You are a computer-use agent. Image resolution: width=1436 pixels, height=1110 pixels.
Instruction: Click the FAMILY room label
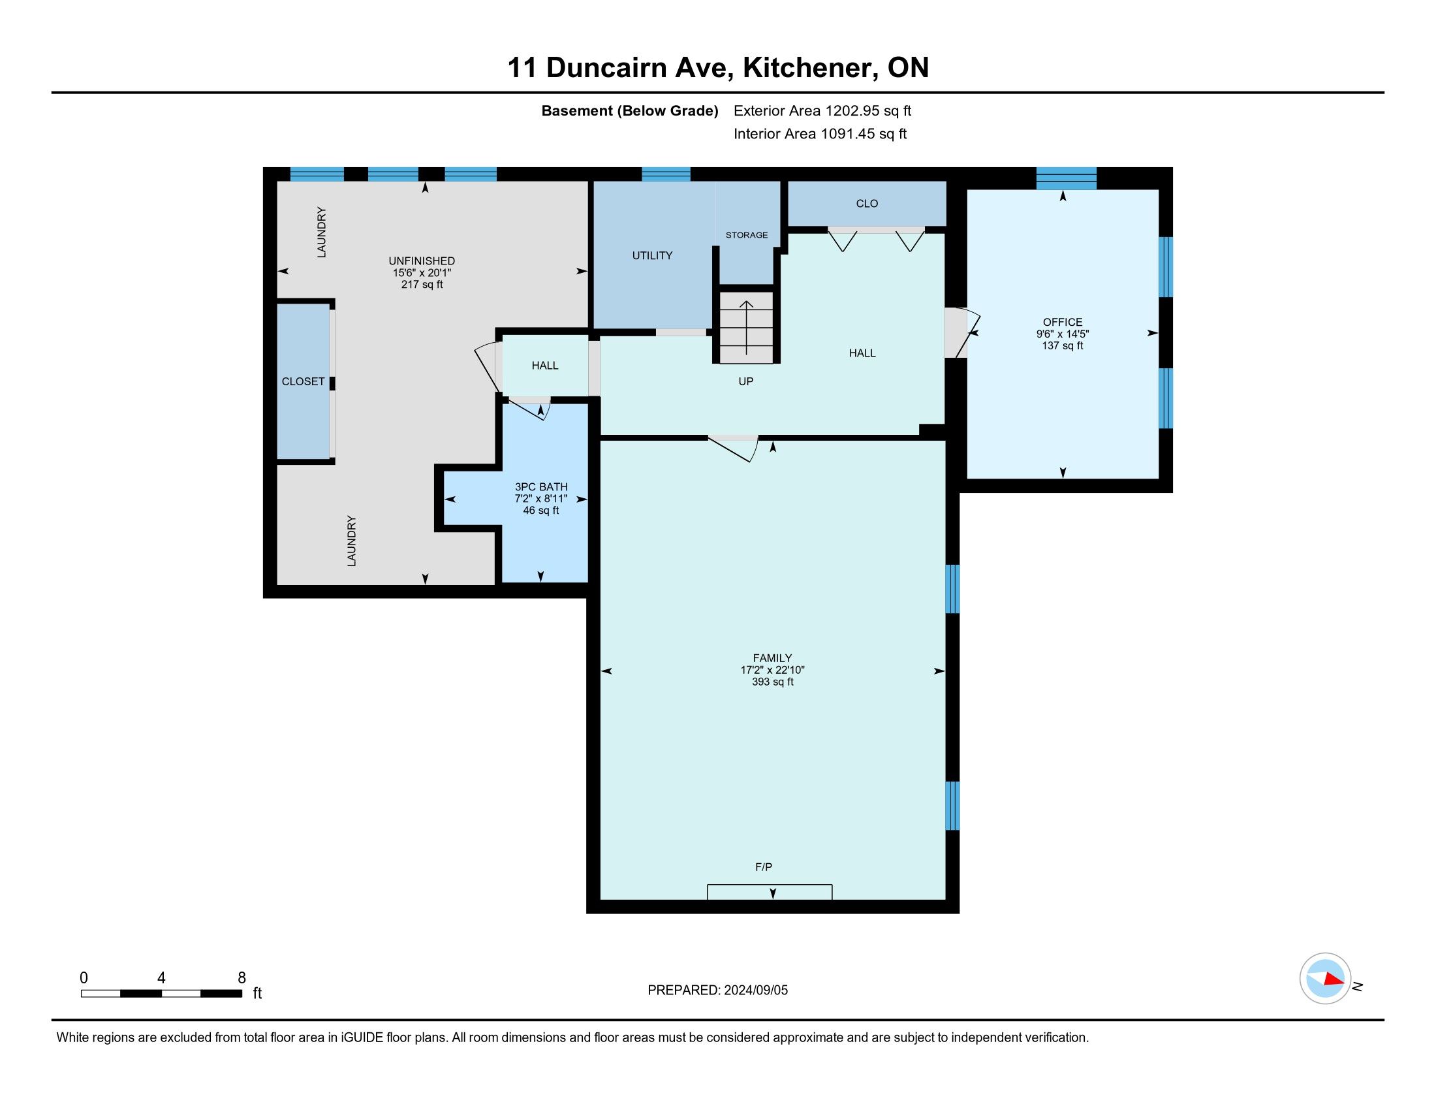[x=772, y=658]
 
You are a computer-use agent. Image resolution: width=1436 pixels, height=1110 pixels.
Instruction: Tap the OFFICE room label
[x=1063, y=322]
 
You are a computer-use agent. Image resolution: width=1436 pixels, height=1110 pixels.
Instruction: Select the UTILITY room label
[x=652, y=255]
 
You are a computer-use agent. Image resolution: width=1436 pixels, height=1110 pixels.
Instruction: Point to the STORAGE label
[x=746, y=235]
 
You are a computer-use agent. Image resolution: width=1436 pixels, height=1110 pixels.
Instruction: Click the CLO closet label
[x=867, y=204]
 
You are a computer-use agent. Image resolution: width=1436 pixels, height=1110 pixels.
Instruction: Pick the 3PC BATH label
[x=541, y=486]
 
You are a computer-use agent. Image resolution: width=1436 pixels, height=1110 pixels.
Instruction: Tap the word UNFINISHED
[x=422, y=261]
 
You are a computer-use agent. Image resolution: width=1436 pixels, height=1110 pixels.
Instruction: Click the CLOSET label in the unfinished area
[x=303, y=381]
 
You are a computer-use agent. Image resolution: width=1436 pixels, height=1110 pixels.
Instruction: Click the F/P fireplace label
[x=764, y=867]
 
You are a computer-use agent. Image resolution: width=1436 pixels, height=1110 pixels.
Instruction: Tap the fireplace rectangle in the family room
[x=770, y=892]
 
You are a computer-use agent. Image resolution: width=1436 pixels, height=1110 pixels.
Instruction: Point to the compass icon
[x=1325, y=978]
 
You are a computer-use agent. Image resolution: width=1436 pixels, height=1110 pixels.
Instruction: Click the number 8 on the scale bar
[x=242, y=977]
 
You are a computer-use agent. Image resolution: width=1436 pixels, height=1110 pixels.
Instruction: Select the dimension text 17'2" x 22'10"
[x=773, y=670]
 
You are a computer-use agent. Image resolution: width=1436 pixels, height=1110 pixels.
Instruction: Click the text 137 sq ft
[x=1063, y=346]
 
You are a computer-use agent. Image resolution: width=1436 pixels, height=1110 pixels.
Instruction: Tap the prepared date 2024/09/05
[x=755, y=991]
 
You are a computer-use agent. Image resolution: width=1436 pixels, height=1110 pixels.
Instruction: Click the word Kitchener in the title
[x=811, y=68]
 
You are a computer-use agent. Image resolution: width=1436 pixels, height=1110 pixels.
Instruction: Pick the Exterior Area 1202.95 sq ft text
[x=822, y=110]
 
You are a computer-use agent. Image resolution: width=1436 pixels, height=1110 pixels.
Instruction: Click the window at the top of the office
[x=1067, y=178]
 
